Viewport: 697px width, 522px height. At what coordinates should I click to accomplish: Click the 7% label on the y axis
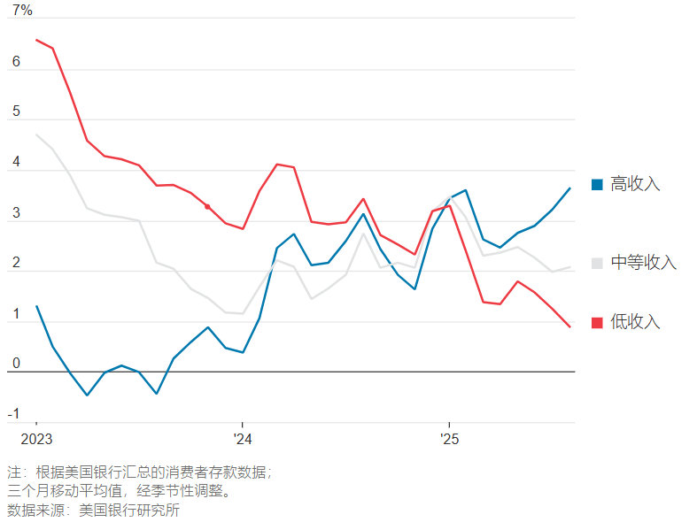point(22,11)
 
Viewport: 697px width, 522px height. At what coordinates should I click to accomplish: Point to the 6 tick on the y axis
point(15,63)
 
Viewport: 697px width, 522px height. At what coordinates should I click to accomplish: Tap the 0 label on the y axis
point(15,364)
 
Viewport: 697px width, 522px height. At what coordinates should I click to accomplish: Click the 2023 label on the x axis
point(35,440)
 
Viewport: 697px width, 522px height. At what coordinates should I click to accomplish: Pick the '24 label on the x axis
point(242,440)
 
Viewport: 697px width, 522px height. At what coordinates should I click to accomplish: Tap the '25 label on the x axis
point(449,440)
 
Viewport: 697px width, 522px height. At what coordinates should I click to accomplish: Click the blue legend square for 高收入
point(597,184)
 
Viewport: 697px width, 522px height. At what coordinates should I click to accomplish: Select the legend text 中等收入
point(644,263)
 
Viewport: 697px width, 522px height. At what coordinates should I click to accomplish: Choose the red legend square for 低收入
point(597,322)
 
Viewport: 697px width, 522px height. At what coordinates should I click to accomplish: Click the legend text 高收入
point(636,184)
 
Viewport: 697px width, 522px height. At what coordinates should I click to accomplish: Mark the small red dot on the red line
point(207,206)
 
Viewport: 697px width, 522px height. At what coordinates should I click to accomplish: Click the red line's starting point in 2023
point(36,40)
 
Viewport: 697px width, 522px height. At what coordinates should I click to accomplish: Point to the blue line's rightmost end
point(569,188)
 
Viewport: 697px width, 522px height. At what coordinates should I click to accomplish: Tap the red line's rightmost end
point(569,327)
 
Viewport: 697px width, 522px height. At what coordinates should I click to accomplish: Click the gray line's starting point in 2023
point(36,134)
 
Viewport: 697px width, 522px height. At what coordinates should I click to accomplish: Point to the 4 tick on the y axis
point(15,163)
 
